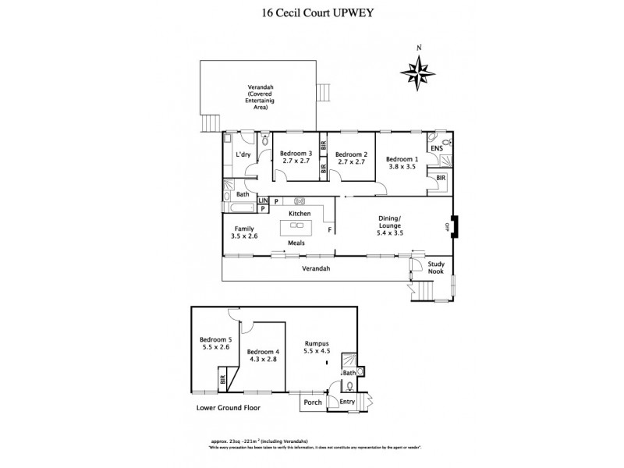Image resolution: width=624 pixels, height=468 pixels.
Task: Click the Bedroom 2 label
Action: coord(350,159)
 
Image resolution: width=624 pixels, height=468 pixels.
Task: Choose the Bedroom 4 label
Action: coord(263,356)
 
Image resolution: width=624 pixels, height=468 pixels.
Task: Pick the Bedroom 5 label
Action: coord(216,344)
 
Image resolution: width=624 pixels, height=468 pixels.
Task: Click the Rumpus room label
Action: coord(319,346)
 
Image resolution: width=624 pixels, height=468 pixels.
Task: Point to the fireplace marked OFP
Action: coord(454,226)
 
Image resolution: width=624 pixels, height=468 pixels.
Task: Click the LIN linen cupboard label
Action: coord(263,201)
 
